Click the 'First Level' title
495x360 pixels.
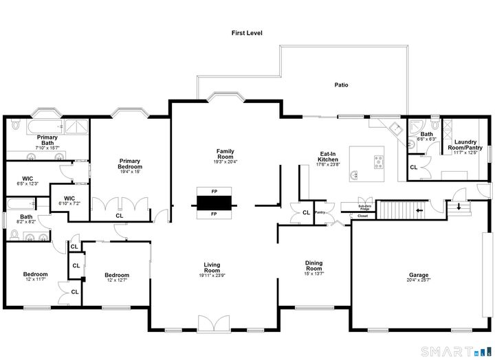[247, 33]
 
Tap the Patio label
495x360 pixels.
[341, 85]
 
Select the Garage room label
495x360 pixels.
[419, 275]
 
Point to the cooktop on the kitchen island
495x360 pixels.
[379, 161]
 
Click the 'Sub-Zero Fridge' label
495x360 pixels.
[365, 207]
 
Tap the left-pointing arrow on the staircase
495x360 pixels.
[419, 209]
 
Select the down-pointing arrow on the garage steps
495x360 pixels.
[458, 205]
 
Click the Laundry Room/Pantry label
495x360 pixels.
[465, 145]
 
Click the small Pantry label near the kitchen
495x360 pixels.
[320, 212]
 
